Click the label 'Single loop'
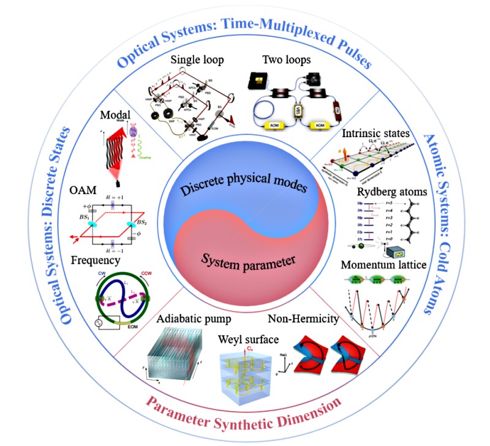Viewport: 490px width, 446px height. tap(189, 60)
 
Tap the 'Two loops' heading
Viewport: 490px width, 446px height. tap(287, 60)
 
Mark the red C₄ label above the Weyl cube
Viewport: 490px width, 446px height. tap(249, 350)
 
